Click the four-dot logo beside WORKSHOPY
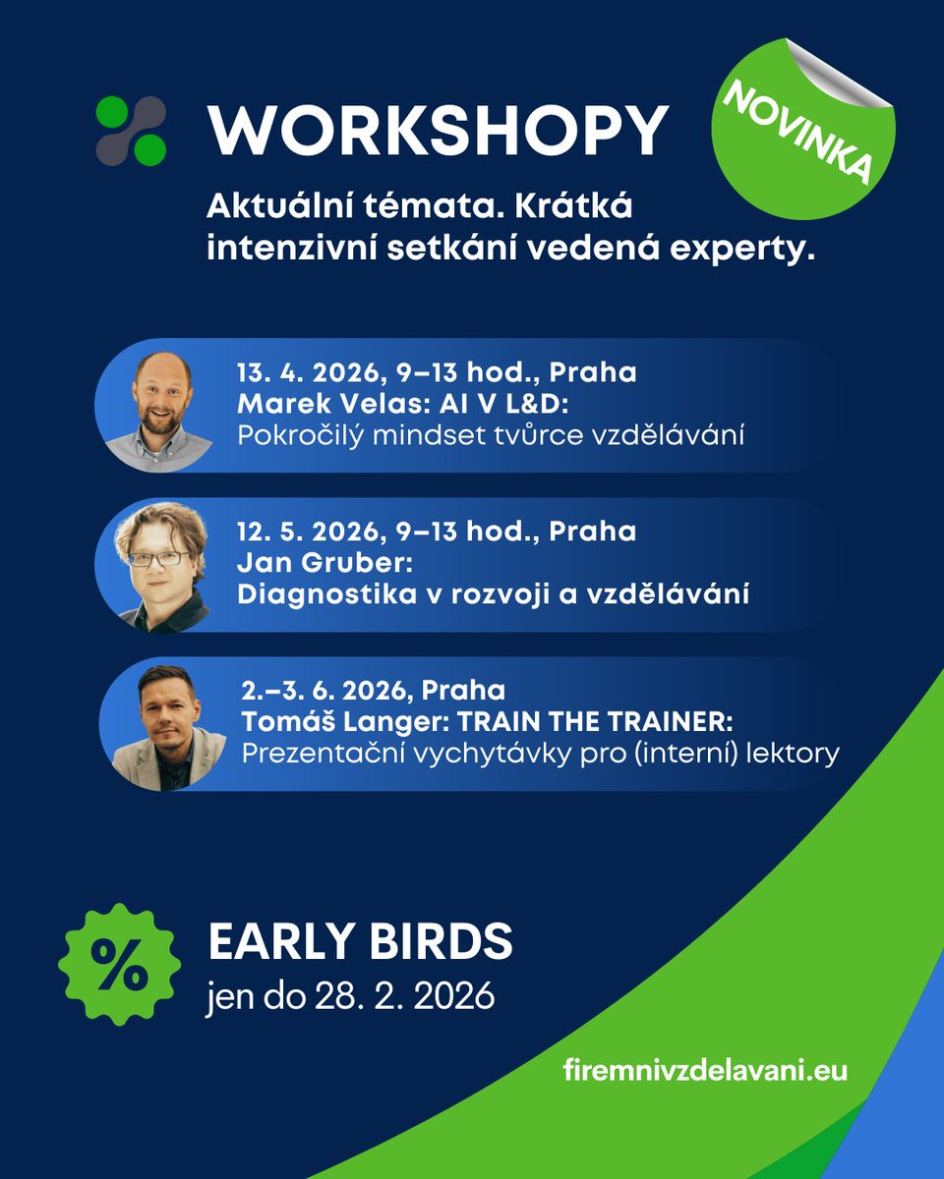131,131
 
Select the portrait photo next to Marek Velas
158,406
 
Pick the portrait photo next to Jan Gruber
160,566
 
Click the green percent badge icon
120,963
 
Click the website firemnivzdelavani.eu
705,1068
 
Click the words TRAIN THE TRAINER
598,722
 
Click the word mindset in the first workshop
429,435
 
